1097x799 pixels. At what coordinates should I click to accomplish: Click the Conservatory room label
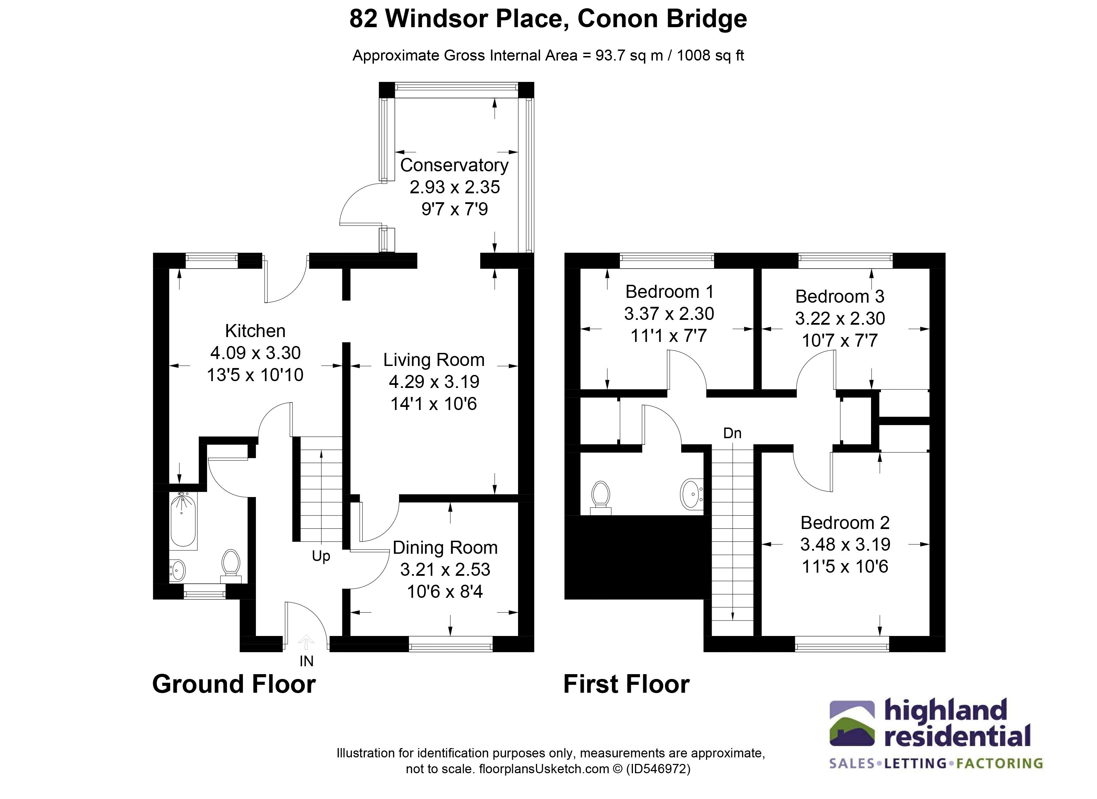(x=454, y=165)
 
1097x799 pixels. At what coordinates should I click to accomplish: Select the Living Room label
(x=434, y=360)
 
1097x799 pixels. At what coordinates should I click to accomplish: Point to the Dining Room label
(x=445, y=548)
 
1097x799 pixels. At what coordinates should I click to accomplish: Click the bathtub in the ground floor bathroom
(x=183, y=520)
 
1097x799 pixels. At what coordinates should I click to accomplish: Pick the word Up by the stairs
(x=321, y=556)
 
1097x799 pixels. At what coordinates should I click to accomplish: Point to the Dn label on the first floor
(x=732, y=433)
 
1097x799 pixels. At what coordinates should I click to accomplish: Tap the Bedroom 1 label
(x=669, y=292)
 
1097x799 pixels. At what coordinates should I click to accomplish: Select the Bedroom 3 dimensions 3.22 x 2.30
(x=840, y=318)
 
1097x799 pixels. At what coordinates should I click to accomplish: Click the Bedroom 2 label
(x=845, y=523)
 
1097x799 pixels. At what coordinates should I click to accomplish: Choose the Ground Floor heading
(x=234, y=684)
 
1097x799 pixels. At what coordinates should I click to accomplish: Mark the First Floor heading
(x=626, y=684)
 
